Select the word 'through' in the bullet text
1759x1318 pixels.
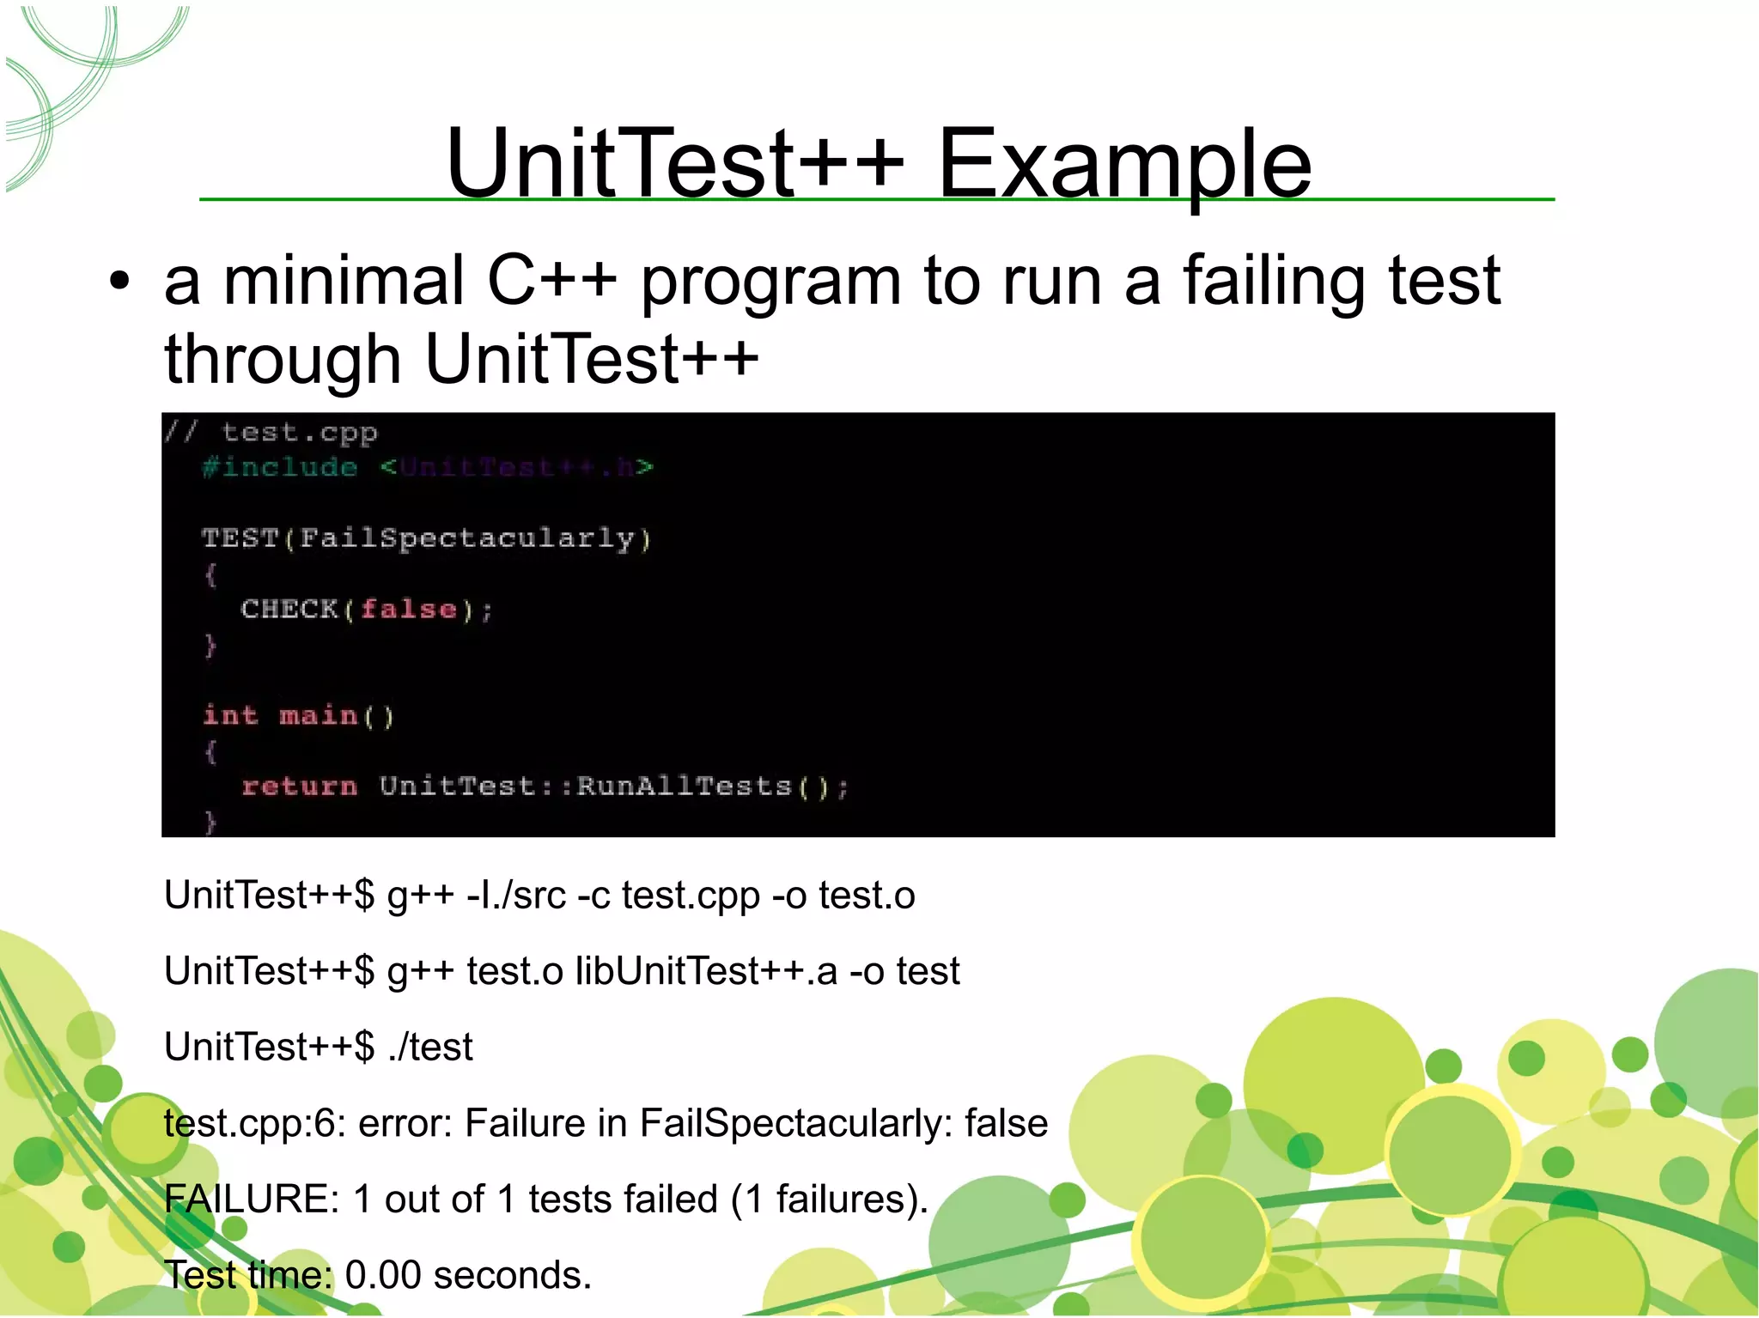pyautogui.click(x=283, y=359)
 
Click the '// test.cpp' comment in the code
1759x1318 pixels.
pyautogui.click(x=271, y=432)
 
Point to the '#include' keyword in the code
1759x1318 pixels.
pyautogui.click(x=280, y=467)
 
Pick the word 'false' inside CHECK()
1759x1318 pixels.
pyautogui.click(x=409, y=609)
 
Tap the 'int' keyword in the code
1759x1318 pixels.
pyautogui.click(x=230, y=715)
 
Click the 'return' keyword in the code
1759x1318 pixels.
pyautogui.click(x=299, y=786)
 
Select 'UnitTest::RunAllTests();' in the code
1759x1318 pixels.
pyautogui.click(x=614, y=786)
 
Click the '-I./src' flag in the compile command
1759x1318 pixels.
pyautogui.click(x=515, y=896)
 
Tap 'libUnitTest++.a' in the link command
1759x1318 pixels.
pyautogui.click(x=706, y=971)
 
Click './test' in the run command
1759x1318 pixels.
pyautogui.click(x=429, y=1047)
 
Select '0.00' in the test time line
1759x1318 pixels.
pyautogui.click(x=383, y=1275)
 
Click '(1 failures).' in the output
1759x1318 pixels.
pyautogui.click(x=830, y=1199)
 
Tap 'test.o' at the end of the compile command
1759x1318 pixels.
pyautogui.click(x=867, y=896)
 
